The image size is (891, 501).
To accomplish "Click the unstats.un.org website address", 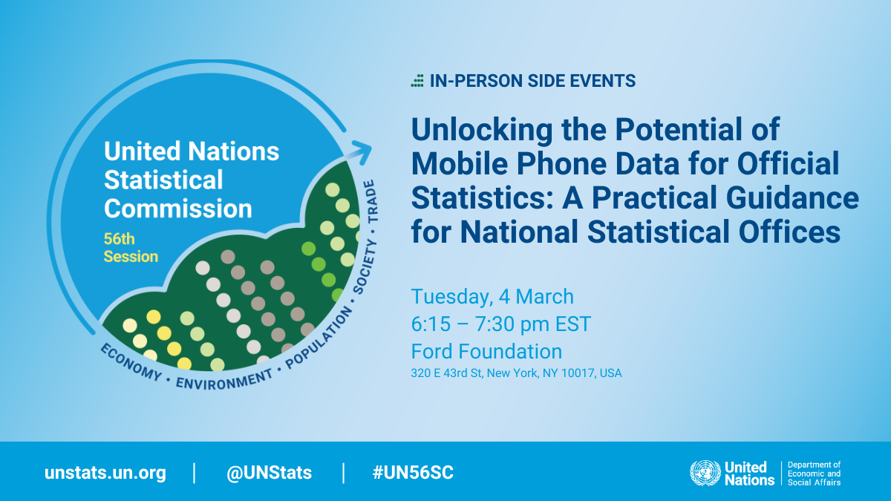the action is click(105, 474).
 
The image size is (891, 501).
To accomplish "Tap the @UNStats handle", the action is click(270, 473).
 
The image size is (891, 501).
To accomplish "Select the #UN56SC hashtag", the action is click(413, 472).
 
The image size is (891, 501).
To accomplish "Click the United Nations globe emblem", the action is click(705, 474).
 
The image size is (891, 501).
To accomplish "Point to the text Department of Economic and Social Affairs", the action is click(814, 474).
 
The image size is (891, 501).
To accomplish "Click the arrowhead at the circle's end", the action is click(363, 151).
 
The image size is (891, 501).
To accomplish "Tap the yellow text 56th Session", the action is click(131, 248).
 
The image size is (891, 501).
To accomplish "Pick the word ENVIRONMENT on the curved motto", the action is click(224, 380).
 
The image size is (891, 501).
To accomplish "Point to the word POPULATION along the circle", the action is click(319, 338).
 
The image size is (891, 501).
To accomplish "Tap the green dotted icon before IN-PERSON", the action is click(417, 80).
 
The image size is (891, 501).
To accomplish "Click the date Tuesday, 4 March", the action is click(492, 297).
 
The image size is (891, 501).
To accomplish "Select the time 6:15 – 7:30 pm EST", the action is click(500, 324).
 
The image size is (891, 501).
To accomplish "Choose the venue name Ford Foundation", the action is click(486, 352).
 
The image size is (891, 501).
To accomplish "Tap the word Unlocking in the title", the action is click(482, 131).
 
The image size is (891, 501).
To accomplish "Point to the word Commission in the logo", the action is click(178, 209).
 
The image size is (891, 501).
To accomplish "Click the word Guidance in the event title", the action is click(792, 197).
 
